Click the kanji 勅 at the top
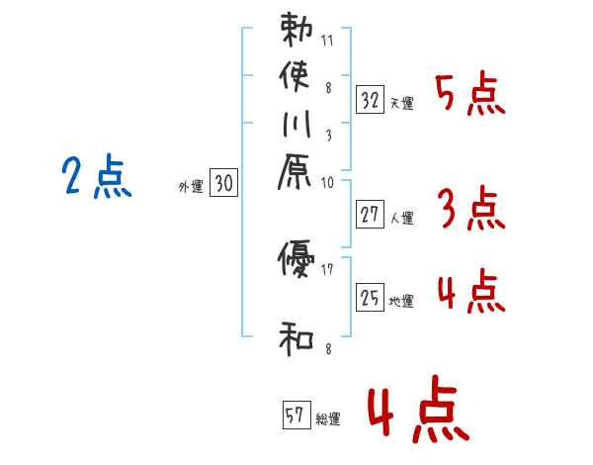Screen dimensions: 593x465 [296, 30]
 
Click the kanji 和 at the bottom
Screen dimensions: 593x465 [296, 339]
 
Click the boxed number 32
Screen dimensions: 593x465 [371, 99]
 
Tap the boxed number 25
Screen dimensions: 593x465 [371, 296]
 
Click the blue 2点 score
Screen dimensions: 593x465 [97, 179]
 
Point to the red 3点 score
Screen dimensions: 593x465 [469, 210]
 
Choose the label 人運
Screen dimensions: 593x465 [402, 219]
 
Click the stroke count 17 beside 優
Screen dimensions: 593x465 [328, 268]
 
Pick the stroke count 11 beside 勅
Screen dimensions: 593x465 [328, 43]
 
